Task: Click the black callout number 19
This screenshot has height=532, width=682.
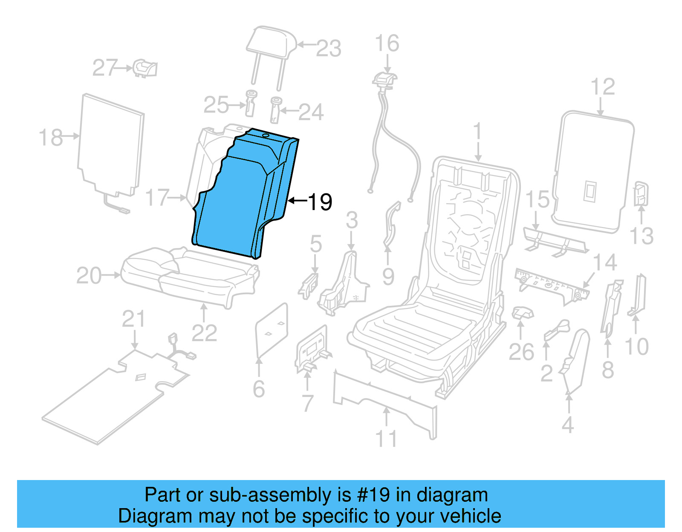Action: tap(320, 201)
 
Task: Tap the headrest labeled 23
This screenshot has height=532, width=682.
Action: tap(272, 43)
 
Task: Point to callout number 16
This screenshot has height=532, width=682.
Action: tap(387, 43)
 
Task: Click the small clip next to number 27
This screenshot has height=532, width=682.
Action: tap(145, 68)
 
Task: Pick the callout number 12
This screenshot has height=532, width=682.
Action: tap(603, 87)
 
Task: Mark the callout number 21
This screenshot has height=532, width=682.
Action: tap(133, 319)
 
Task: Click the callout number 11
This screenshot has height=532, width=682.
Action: tap(386, 439)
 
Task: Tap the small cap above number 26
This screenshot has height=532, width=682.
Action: tap(522, 313)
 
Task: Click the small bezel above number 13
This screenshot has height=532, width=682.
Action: tap(641, 193)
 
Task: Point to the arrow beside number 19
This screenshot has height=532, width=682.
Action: tap(297, 200)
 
